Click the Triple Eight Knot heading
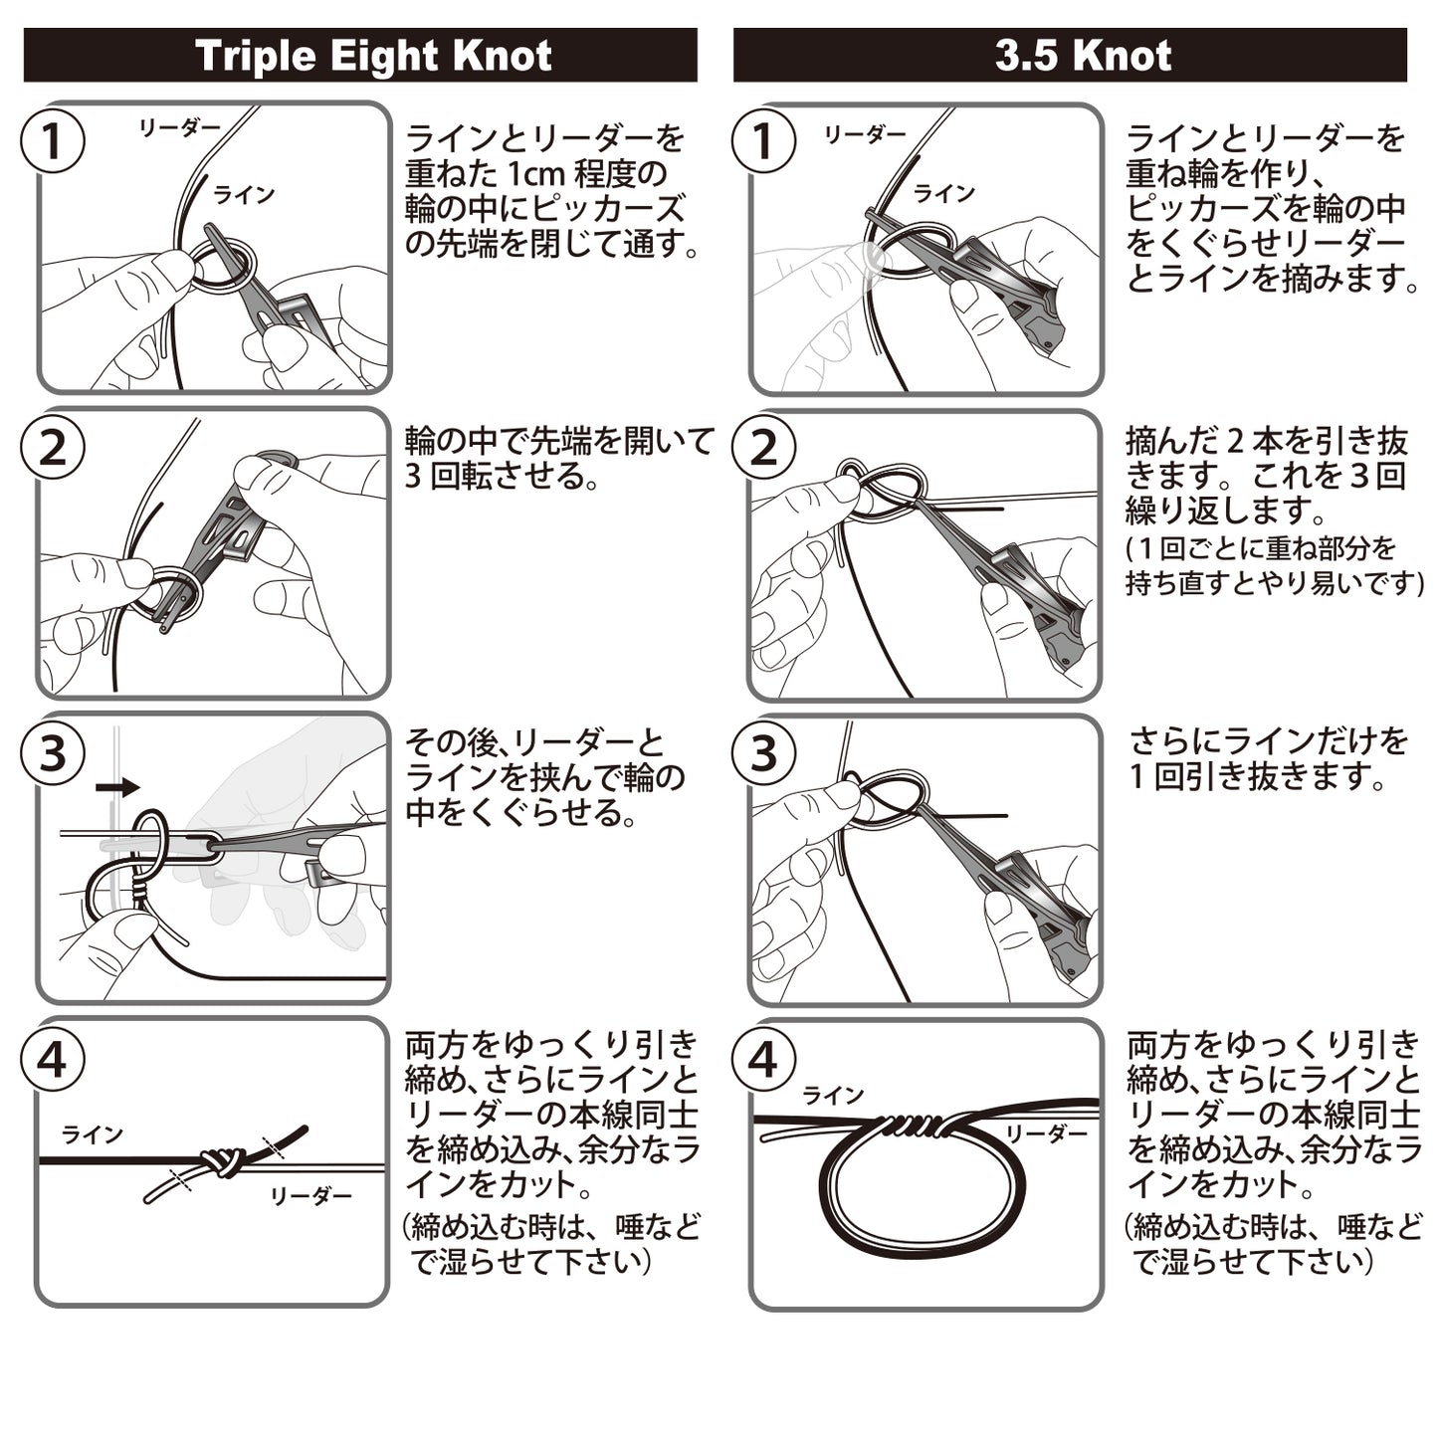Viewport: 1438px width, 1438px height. pos(373,56)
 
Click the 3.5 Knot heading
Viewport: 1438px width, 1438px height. pos(1083,56)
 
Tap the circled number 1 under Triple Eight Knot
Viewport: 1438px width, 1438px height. pos(53,141)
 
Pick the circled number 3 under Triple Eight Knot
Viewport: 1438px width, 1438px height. pos(53,752)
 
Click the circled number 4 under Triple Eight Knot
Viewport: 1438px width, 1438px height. pos(53,1059)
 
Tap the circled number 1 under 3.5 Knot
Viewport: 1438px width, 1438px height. pos(763,141)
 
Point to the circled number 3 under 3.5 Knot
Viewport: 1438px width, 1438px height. pos(763,752)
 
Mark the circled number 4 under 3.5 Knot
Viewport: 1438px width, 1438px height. pos(763,1059)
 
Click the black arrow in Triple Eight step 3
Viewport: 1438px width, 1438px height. pos(118,786)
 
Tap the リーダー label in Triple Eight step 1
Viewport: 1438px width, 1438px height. pos(179,128)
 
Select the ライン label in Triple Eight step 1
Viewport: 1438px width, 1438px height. pos(244,195)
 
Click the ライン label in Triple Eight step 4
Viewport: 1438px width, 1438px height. pos(93,1134)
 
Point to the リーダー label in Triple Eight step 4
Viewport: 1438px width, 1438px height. pos(310,1195)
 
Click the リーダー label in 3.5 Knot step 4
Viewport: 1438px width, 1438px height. pos(1046,1133)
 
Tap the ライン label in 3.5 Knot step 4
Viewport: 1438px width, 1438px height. pos(833,1096)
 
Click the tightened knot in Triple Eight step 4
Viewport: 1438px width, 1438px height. pos(221,1162)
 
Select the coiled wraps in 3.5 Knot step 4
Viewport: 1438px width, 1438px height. pos(911,1125)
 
